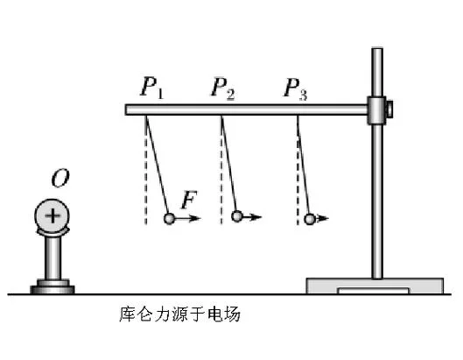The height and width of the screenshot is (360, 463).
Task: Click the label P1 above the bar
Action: tap(151, 88)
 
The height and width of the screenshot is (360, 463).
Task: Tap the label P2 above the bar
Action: tap(223, 88)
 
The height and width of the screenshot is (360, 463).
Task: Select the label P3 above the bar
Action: tap(295, 88)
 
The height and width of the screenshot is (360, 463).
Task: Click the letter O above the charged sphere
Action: tap(60, 178)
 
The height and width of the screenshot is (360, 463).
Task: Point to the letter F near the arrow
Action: tap(189, 200)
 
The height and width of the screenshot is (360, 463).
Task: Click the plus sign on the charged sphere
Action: tap(53, 215)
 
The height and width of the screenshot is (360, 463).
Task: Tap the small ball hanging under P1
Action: tap(169, 218)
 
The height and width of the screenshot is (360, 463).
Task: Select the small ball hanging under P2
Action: tap(237, 216)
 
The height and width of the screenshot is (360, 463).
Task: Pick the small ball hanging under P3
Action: tap(310, 219)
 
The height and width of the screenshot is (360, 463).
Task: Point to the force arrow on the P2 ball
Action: tap(252, 217)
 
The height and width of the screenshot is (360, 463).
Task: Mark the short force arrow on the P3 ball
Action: tap(322, 218)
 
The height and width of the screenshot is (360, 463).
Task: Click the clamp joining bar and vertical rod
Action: tap(376, 110)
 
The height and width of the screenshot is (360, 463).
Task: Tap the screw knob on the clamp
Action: tap(389, 109)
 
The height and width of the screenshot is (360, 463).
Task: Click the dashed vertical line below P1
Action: tap(146, 170)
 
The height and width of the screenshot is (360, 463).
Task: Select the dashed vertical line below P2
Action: tap(221, 170)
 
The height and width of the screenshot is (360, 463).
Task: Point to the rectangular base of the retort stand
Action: tap(375, 286)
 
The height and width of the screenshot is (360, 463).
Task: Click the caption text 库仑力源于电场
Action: tap(179, 314)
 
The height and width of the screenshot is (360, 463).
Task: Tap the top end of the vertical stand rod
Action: tap(377, 48)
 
